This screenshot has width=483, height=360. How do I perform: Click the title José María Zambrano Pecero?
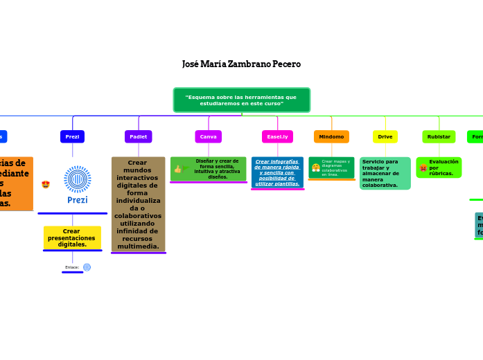241,64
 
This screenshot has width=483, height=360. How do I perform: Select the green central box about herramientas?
241,100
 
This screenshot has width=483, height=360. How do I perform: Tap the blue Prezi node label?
72,137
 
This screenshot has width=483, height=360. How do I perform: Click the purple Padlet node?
139,137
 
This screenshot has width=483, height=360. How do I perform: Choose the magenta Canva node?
208,137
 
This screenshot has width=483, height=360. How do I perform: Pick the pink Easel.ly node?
277,137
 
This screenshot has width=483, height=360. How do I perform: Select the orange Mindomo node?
331,137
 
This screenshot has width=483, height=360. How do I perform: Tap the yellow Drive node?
385,137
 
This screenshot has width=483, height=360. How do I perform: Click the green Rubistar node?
439,137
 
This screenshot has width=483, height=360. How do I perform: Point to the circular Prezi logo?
78,179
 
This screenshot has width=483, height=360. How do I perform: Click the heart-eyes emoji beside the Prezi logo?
46,184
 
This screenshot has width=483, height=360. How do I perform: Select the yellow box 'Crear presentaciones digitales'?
72,237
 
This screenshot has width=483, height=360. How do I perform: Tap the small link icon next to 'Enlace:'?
87,267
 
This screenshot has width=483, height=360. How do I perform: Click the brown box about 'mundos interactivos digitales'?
139,204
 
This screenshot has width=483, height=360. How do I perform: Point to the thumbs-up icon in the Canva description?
178,169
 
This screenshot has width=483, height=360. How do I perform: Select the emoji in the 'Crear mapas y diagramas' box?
316,168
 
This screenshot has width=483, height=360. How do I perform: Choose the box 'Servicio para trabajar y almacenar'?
385,173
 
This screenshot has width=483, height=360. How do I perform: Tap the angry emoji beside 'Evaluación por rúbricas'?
423,168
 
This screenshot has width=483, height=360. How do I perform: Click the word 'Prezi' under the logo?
78,200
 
